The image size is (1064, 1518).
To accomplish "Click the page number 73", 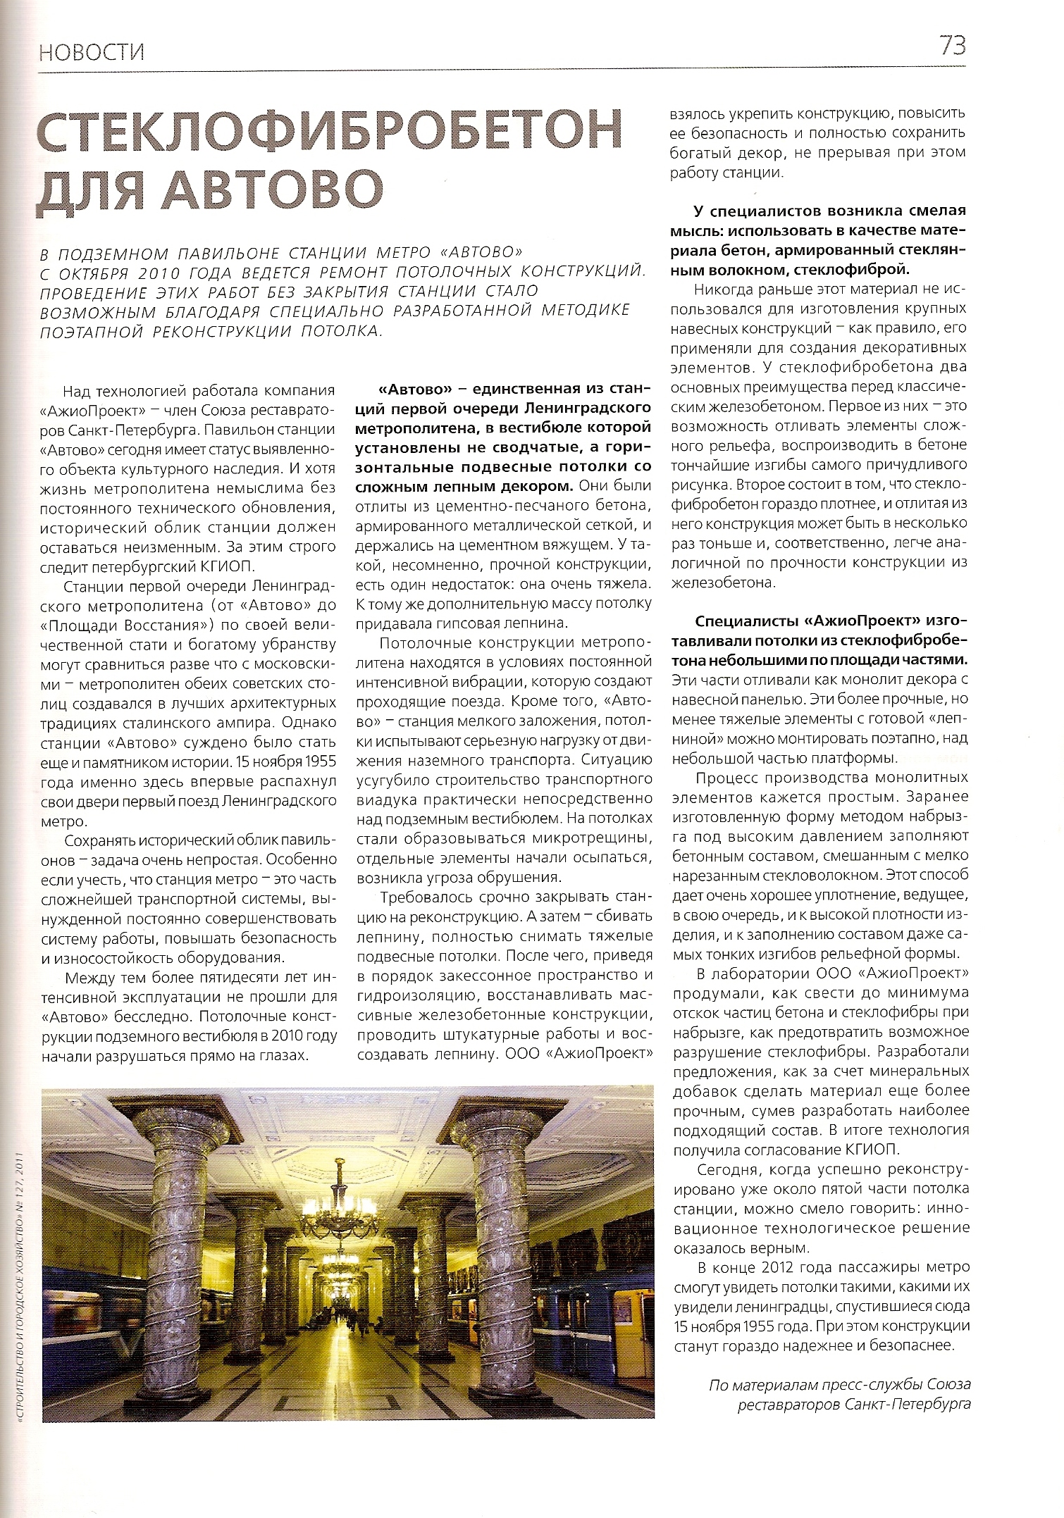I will (x=951, y=46).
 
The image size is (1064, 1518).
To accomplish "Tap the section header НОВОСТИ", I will (x=92, y=53).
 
